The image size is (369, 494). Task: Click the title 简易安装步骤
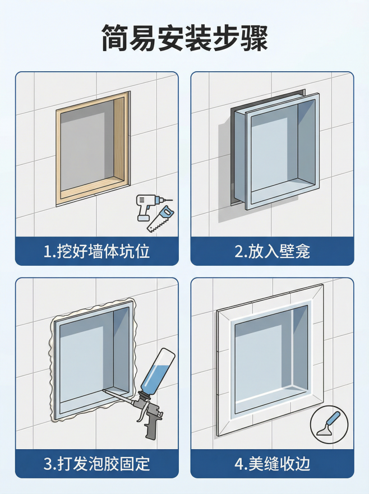click(x=184, y=38)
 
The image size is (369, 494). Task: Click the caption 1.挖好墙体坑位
click(x=96, y=251)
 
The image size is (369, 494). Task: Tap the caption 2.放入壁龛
click(x=272, y=251)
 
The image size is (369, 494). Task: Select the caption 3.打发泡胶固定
click(x=96, y=464)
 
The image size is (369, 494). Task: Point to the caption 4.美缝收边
click(x=272, y=464)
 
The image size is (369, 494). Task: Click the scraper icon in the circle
click(x=329, y=424)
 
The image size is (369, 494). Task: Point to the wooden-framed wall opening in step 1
click(x=93, y=149)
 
